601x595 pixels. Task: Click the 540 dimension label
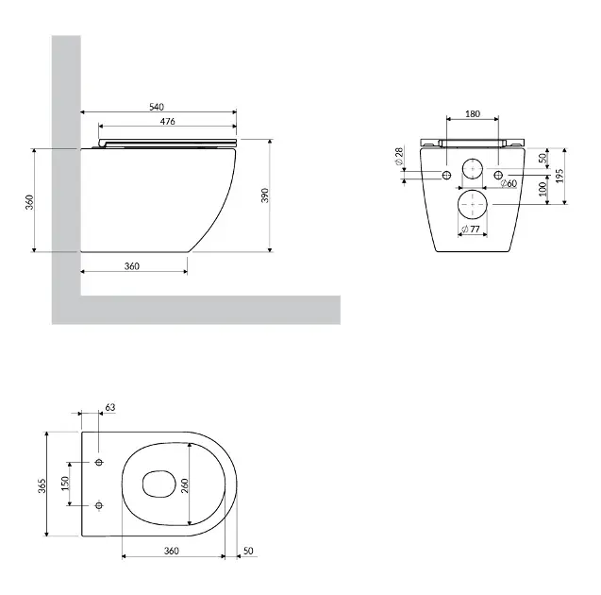tap(157, 107)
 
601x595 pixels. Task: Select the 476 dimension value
tap(168, 121)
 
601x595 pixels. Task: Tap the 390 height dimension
tap(265, 195)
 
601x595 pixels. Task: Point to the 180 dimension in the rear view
tap(472, 114)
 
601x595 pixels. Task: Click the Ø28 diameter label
tap(398, 157)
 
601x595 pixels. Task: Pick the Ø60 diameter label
tap(509, 183)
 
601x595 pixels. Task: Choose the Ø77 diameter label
tap(471, 229)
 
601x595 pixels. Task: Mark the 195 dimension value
tap(559, 176)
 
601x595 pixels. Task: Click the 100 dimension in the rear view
tap(543, 189)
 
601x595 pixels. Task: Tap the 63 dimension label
tap(110, 407)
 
